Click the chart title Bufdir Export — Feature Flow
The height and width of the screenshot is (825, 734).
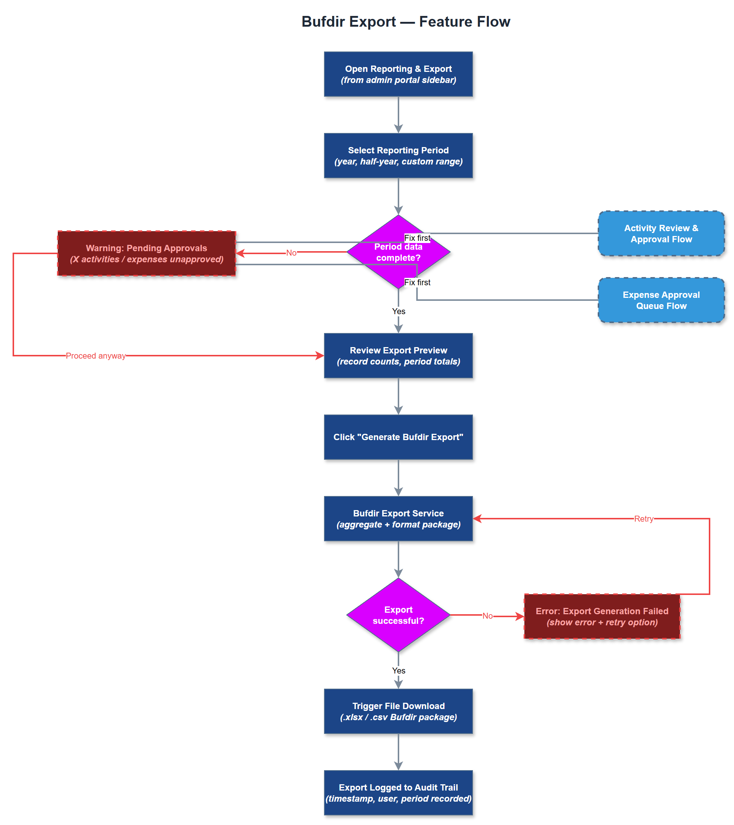[x=406, y=21]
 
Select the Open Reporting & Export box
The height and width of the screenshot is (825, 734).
[x=398, y=74]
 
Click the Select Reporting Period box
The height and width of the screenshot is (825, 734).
[x=398, y=156]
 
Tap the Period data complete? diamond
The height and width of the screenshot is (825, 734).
[x=398, y=252]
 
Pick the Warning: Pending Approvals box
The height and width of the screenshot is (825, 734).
[x=147, y=253]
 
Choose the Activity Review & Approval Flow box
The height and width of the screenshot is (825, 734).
[x=661, y=233]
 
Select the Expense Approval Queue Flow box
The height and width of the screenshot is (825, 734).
[x=661, y=300]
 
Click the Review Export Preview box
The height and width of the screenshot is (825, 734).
[x=398, y=356]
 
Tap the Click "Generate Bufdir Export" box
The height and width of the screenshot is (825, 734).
[x=398, y=437]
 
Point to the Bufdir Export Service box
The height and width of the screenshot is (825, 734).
[x=398, y=519]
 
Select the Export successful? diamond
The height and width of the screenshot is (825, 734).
[x=398, y=615]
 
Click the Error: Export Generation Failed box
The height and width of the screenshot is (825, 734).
[x=602, y=616]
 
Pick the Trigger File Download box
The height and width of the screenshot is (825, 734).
[x=398, y=711]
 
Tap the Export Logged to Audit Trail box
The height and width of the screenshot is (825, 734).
[x=398, y=793]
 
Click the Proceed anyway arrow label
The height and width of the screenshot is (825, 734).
[x=96, y=356]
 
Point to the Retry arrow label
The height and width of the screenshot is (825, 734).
[x=644, y=519]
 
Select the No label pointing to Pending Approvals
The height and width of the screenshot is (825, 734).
[x=291, y=253]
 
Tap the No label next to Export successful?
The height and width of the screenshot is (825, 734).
[x=487, y=616]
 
